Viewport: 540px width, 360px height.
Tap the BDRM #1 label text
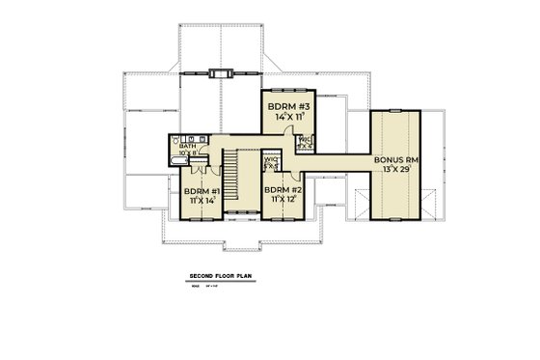point(202,191)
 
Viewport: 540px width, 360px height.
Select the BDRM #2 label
point(283,191)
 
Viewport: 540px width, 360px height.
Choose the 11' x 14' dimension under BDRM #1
point(202,202)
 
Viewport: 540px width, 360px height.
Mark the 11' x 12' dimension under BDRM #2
point(283,202)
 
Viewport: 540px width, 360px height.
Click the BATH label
point(185,146)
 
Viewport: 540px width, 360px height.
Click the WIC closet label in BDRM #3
point(304,141)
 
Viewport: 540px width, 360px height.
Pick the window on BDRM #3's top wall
point(284,90)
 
